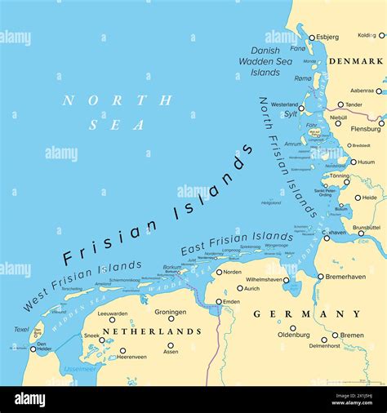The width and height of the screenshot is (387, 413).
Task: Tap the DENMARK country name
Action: click(355, 61)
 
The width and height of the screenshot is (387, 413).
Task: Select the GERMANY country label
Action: click(306, 313)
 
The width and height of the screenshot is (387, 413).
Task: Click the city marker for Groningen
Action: click(171, 319)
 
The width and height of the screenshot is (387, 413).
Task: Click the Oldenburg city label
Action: click(293, 335)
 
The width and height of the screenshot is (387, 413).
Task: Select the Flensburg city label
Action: click(365, 129)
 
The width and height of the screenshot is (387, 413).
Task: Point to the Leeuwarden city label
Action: click(112, 313)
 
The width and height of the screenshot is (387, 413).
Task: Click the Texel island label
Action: click(21, 330)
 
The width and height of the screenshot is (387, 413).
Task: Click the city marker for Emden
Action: click(219, 302)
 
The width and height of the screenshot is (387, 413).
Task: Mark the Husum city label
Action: click(365, 162)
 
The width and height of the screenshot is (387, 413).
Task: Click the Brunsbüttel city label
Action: click(367, 228)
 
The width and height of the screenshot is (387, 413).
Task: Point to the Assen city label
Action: click(171, 352)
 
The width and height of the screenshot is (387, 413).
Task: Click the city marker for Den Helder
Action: click(35, 343)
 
